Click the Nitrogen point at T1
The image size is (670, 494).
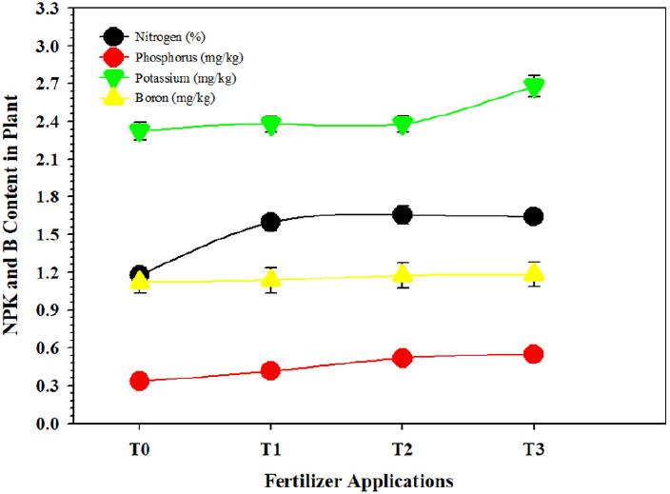pyautogui.click(x=270, y=222)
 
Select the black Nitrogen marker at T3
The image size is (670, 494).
pyautogui.click(x=534, y=216)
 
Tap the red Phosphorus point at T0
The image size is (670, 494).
pyautogui.click(x=140, y=381)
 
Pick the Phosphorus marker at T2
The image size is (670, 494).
pyautogui.click(x=402, y=358)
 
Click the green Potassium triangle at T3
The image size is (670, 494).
pyautogui.click(x=534, y=88)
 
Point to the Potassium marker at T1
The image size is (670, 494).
pyautogui.click(x=270, y=125)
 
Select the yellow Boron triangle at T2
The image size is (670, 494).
pyautogui.click(x=402, y=274)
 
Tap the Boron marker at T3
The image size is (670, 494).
pyautogui.click(x=534, y=273)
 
